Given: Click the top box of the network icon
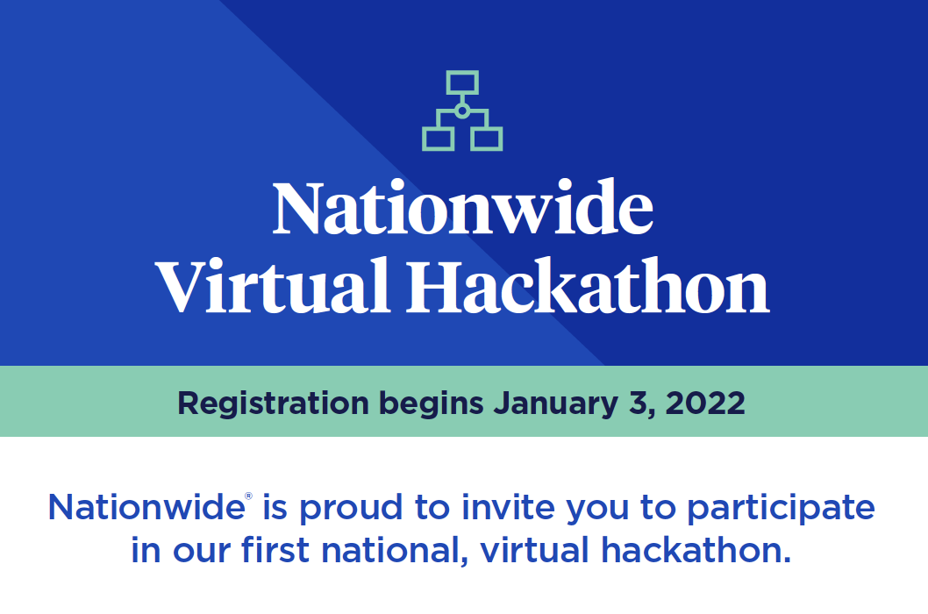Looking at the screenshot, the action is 462,72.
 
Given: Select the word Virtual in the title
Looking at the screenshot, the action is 273,285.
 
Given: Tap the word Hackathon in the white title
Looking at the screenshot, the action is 588,285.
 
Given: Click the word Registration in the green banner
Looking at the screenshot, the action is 274,404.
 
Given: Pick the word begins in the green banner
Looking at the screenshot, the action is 431,404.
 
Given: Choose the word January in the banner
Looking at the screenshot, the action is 556,404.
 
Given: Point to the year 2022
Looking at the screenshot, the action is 705,403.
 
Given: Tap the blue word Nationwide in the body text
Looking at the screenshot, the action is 146,507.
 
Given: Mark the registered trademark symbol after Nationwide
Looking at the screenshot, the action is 248,496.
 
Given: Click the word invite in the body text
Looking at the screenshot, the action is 509,507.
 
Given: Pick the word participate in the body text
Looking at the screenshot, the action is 781,509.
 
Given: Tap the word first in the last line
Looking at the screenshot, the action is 275,549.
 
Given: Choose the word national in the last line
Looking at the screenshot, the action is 390,549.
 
